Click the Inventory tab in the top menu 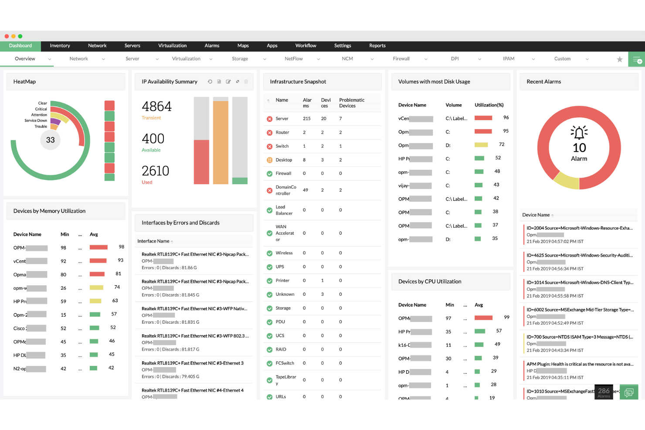click(x=60, y=46)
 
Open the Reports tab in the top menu click(x=377, y=46)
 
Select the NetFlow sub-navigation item click(x=294, y=59)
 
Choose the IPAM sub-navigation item click(x=509, y=59)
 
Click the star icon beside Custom click(x=619, y=59)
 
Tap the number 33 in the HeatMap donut click(x=51, y=140)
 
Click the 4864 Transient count click(x=156, y=106)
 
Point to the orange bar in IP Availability click(x=221, y=142)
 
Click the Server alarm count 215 click(x=307, y=119)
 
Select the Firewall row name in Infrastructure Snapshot click(x=283, y=173)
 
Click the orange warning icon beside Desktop click(x=270, y=160)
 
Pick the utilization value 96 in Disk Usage click(x=506, y=118)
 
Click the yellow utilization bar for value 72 click(x=481, y=145)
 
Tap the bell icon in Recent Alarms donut click(x=579, y=132)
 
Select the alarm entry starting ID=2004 click(x=579, y=228)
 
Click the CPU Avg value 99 click(x=506, y=317)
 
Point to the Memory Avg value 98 click(x=122, y=247)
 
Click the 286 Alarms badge click(x=604, y=392)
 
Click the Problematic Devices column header click(x=352, y=103)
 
